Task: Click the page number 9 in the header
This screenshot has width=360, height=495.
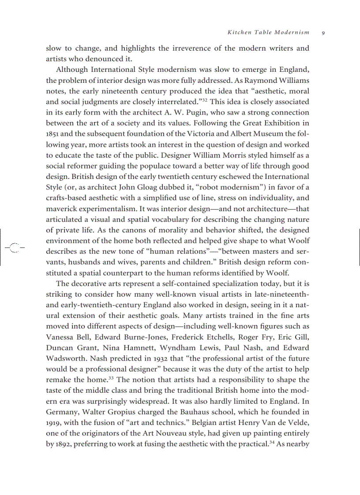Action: [x=323, y=33]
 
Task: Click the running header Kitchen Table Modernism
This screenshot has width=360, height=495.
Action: [x=268, y=33]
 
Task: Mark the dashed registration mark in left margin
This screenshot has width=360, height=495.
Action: [x=14, y=247]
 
